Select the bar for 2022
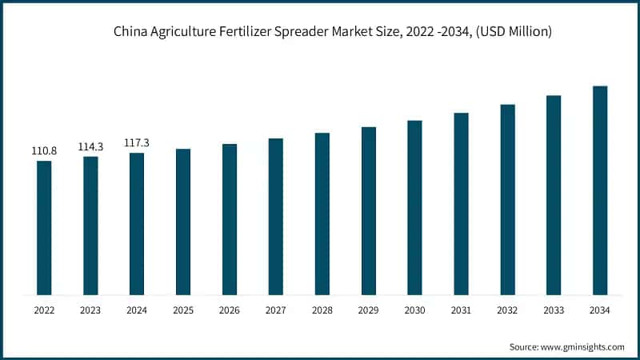pyautogui.click(x=44, y=227)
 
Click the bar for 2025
pyautogui.click(x=183, y=222)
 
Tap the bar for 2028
pyautogui.click(x=322, y=214)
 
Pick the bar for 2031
pyautogui.click(x=461, y=203)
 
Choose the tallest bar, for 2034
pyautogui.click(x=600, y=190)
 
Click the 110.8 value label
pyautogui.click(x=44, y=150)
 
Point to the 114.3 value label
pyautogui.click(x=90, y=146)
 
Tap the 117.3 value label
pyautogui.click(x=137, y=142)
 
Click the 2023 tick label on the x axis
pyautogui.click(x=90, y=310)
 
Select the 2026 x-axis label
pyautogui.click(x=230, y=310)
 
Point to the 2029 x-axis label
pyautogui.click(x=368, y=310)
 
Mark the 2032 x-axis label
pyautogui.click(x=507, y=310)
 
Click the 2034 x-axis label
pyautogui.click(x=600, y=310)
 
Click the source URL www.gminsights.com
pyautogui.click(x=582, y=346)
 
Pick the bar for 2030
pyautogui.click(x=414, y=207)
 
